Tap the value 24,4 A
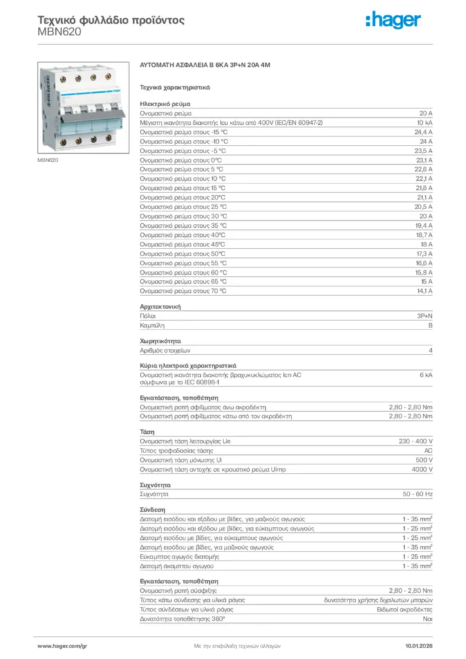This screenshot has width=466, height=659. (x=422, y=131)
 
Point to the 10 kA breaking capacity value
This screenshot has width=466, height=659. (x=424, y=122)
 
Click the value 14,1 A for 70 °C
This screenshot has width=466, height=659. (x=424, y=291)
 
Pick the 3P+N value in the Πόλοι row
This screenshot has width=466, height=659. (x=424, y=317)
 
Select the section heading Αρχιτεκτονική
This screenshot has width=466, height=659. (x=160, y=307)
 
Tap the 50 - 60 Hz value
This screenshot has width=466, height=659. (x=418, y=494)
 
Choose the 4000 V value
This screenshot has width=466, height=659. (x=422, y=469)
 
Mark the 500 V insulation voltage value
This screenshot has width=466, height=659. (x=424, y=460)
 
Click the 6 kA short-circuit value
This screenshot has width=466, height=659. (x=425, y=374)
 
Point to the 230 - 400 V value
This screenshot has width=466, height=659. (x=416, y=441)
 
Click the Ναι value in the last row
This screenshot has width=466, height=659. (x=427, y=618)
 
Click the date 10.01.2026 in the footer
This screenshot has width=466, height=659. (x=418, y=645)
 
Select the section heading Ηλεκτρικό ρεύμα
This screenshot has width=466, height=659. (x=164, y=103)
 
